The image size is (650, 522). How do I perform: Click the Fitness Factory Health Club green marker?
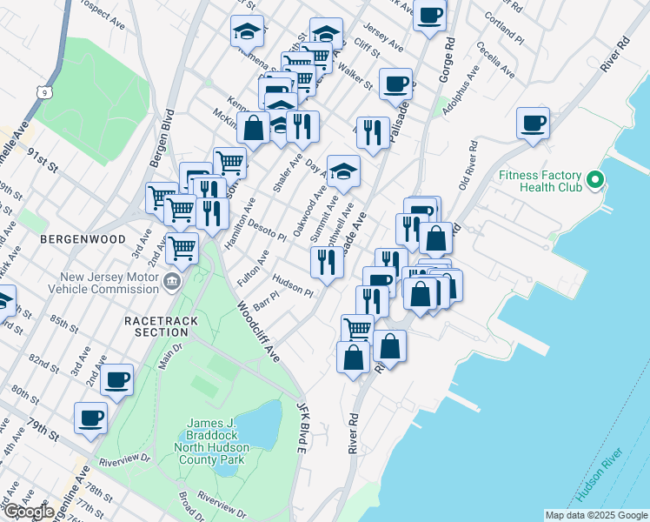pos(595,181)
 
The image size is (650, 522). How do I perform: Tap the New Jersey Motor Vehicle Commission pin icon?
pos(171,282)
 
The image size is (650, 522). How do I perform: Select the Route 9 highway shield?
pos(43,90)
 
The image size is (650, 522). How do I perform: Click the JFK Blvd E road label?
pos(302,427)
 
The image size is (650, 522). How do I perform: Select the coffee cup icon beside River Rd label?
pos(533,123)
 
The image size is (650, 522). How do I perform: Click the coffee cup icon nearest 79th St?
pos(90,418)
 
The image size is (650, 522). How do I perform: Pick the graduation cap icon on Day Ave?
pos(344,170)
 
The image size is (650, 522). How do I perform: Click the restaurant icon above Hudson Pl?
pos(326,262)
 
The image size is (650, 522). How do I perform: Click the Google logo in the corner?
pos(29,512)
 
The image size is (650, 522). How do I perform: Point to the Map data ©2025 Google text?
pos(595,514)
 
